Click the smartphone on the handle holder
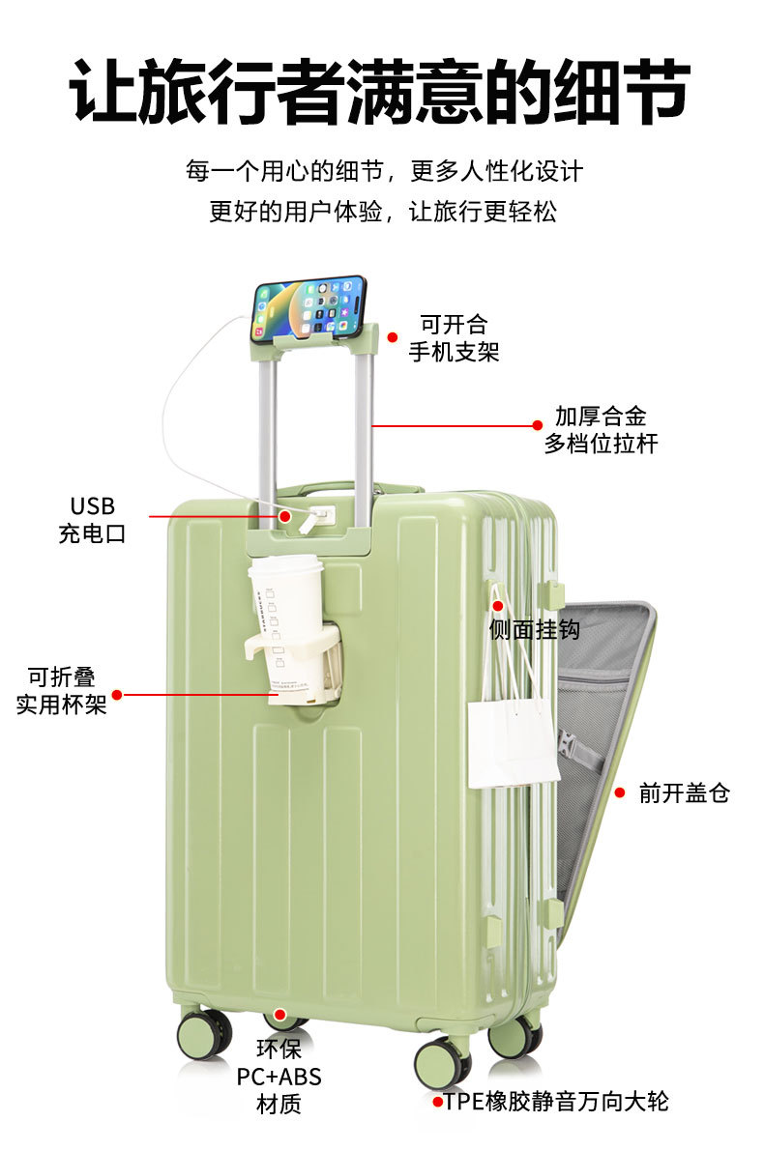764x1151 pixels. pos(309,307)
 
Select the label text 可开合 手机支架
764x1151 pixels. pos(454,337)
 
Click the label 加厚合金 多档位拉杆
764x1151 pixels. pos(601,430)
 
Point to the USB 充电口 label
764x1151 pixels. pos(92,520)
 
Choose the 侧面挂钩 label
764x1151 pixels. pos(535,629)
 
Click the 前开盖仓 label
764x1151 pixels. pos(684,793)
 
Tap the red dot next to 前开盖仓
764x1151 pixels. pos(620,792)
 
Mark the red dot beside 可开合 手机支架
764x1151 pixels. pos(393,337)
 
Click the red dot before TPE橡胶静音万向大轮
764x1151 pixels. pos(437,1102)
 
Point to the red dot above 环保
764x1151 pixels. pos(279,1015)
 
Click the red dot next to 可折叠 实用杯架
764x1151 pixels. pos(117,694)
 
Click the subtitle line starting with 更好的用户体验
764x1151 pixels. pos(383,212)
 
